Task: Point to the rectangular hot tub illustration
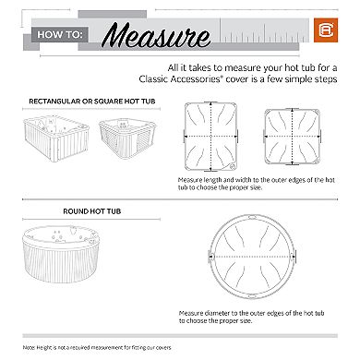54,146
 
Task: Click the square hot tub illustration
129,145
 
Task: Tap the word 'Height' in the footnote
50,345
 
